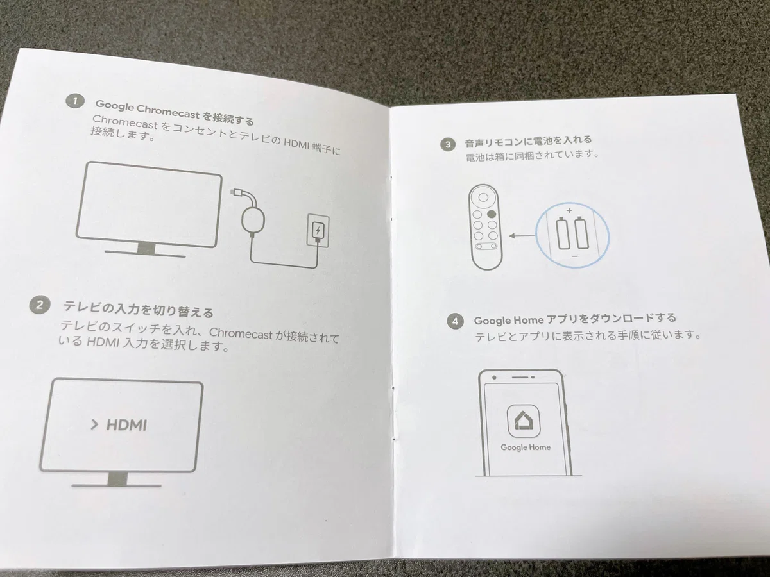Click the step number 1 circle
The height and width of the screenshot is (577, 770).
point(74,101)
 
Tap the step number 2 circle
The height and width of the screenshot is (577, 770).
point(40,305)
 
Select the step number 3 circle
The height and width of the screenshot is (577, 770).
point(448,144)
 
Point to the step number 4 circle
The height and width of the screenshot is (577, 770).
point(455,321)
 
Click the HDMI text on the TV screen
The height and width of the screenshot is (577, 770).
point(126,425)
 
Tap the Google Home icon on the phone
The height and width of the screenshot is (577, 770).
point(524,421)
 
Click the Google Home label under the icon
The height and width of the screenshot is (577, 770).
point(526,447)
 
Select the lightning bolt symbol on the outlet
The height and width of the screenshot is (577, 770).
point(318,230)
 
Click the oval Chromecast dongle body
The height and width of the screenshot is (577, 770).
point(253,220)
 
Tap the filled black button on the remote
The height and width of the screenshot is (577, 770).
point(492,213)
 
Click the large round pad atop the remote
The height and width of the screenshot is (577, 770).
point(483,197)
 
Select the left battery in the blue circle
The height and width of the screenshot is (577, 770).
point(563,233)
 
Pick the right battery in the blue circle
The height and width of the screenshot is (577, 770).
point(581,232)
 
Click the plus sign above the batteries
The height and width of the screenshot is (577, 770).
point(569,210)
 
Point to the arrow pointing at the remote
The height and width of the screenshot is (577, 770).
point(522,236)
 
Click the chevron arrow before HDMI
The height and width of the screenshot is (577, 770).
point(94,424)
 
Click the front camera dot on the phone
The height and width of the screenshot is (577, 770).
point(494,378)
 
